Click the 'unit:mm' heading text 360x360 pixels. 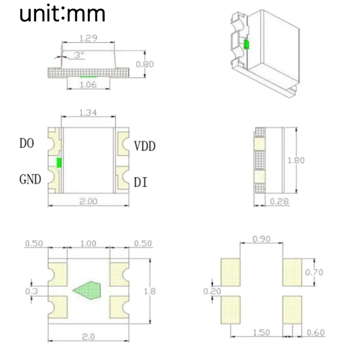click(62, 13)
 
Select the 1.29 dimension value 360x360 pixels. click(88, 38)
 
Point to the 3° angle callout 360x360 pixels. click(79, 55)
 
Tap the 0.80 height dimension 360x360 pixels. click(144, 64)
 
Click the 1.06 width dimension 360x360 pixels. click(88, 85)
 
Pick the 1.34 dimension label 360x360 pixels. click(88, 112)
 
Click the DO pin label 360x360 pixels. click(27, 144)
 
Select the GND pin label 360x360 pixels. click(30, 180)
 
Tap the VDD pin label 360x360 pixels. click(145, 146)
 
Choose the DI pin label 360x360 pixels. click(140, 183)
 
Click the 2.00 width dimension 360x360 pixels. click(88, 202)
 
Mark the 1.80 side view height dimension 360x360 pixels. click(297, 160)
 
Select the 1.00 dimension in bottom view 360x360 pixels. click(88, 243)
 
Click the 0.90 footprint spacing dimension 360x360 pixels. click(261, 239)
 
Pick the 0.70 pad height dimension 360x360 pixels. click(314, 272)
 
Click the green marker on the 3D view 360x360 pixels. click(246, 45)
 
